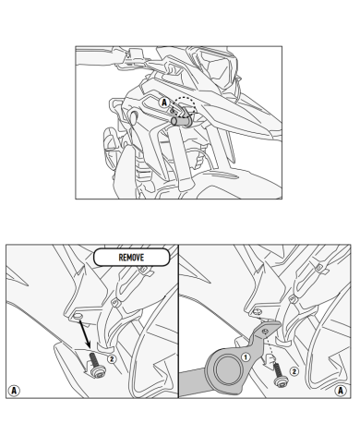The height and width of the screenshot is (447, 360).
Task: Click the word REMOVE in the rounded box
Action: coord(131,258)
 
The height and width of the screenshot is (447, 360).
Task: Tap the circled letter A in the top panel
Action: coord(164,103)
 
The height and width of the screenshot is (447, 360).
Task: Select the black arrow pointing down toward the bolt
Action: coord(85,334)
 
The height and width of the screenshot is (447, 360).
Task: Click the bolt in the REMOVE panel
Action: coord(97,365)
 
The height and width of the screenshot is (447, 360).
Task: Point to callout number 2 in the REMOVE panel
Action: coord(112,359)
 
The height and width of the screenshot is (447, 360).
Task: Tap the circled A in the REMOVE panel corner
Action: coord(14,391)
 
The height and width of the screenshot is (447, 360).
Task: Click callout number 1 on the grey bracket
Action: coord(246,357)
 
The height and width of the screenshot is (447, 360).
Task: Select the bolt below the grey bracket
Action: coord(279,375)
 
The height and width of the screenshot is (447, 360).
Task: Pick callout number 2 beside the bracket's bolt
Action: coord(294,371)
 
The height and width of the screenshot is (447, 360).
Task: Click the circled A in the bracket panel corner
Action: coord(341,391)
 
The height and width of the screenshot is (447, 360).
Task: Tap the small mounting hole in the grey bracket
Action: coord(265,331)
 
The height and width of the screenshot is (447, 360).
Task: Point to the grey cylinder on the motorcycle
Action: coord(179,120)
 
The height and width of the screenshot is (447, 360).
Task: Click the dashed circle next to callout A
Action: coord(186,106)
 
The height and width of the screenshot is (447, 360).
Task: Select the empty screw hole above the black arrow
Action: coord(78,317)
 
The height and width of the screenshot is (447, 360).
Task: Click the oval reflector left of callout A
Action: coord(134,116)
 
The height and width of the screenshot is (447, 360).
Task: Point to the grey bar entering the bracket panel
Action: coord(191,381)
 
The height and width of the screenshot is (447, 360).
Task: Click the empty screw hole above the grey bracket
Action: coord(256,312)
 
